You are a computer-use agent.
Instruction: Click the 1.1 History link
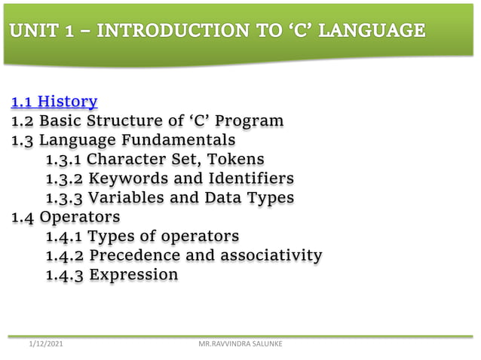tap(54, 101)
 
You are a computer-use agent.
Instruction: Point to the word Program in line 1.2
tap(252, 121)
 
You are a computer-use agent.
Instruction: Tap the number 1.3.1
tap(64, 160)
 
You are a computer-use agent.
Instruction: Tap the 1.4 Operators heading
tap(65, 218)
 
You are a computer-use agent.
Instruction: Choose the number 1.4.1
tap(64, 236)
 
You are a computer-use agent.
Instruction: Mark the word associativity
tap(270, 256)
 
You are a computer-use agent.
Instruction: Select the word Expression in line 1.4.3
tap(133, 275)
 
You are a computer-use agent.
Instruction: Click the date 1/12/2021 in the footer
tap(46, 344)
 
